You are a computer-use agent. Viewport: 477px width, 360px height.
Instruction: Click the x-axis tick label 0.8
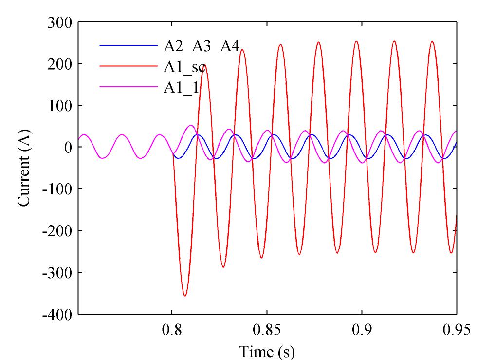pyautogui.click(x=172, y=330)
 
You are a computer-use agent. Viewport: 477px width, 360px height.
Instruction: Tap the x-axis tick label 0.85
pyautogui.click(x=267, y=330)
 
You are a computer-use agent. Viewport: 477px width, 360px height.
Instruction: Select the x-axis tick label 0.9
pyautogui.click(x=362, y=330)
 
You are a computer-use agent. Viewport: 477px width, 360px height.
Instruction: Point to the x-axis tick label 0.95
pyautogui.click(x=457, y=330)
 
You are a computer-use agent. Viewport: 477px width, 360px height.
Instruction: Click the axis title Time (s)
pyautogui.click(x=267, y=351)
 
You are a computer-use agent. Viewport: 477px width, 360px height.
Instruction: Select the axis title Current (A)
pyautogui.click(x=24, y=168)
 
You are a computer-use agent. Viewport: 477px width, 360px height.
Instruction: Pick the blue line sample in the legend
pyautogui.click(x=128, y=46)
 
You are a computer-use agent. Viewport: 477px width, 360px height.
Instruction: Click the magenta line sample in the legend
pyautogui.click(x=128, y=87)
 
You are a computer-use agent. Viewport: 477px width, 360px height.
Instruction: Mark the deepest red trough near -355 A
pyautogui.click(x=185, y=296)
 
